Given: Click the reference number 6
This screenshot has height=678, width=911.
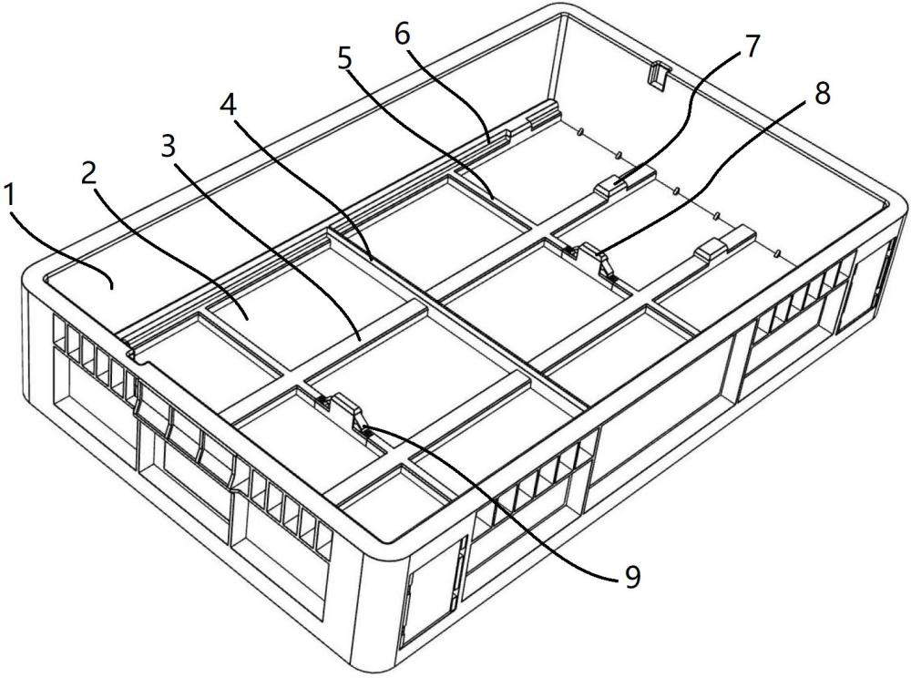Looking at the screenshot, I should (x=403, y=35).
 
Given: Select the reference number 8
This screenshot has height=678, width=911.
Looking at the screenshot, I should (x=823, y=94).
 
